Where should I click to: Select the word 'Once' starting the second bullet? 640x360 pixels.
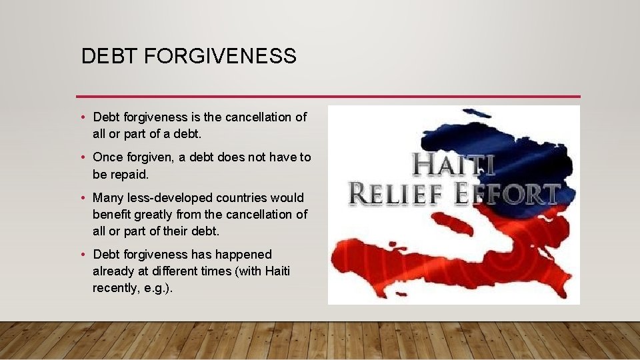107,157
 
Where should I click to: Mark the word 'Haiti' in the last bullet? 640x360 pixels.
277,271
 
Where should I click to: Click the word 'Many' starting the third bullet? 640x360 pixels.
107,198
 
